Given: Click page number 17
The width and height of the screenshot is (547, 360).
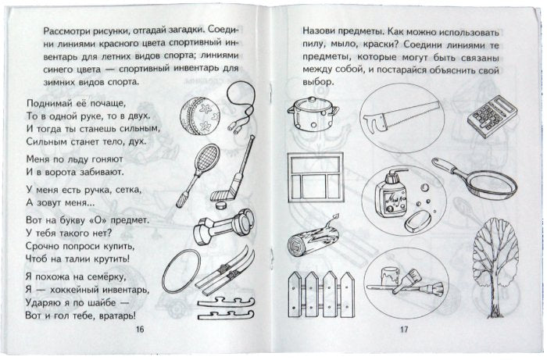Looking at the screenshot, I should [404, 331].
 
